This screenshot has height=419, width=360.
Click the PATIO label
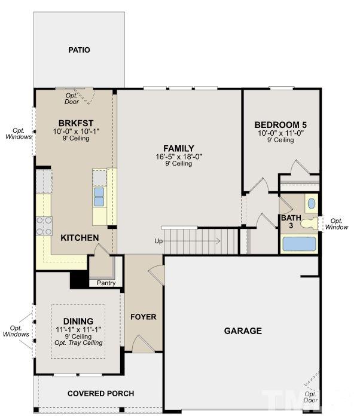(79, 50)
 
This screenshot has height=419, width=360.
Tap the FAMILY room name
(179, 148)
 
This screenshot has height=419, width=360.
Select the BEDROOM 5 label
(280, 125)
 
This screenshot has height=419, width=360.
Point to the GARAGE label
(243, 331)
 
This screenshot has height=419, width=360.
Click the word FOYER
(144, 317)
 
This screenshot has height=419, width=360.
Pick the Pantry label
(106, 283)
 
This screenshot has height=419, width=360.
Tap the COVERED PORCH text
(100, 393)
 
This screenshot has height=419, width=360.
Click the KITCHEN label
(80, 237)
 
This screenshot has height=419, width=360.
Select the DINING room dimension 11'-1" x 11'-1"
(78, 330)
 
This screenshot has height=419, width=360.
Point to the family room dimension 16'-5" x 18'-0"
(179, 157)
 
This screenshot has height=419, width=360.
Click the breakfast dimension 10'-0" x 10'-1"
(76, 131)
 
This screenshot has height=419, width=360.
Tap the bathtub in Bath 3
(299, 244)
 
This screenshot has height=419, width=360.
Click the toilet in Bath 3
(309, 224)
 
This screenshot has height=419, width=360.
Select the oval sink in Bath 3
(312, 204)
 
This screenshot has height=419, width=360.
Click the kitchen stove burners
(44, 226)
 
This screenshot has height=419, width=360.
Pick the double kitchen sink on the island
(99, 197)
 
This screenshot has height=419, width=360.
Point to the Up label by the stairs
(158, 241)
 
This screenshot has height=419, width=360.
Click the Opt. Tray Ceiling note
(78, 343)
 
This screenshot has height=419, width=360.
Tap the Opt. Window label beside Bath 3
(337, 224)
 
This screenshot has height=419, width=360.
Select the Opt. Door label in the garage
(310, 397)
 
